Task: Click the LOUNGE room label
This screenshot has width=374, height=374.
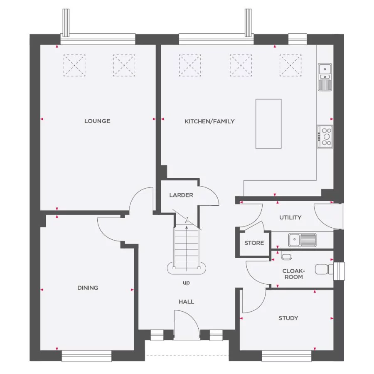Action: (x=97, y=121)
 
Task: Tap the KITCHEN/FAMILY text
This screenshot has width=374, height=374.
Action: (x=209, y=121)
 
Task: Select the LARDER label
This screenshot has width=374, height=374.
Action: (x=181, y=195)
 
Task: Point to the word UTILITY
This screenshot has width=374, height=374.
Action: (x=290, y=217)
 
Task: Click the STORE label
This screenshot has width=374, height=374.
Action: (x=254, y=243)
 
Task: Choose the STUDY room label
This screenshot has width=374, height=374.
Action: (x=288, y=318)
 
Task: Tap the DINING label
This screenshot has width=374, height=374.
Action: (x=88, y=288)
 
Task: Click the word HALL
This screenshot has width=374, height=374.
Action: (x=186, y=302)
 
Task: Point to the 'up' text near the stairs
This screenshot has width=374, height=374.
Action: (x=186, y=283)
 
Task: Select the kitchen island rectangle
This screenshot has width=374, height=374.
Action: (x=268, y=123)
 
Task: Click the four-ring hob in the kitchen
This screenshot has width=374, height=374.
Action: (x=325, y=136)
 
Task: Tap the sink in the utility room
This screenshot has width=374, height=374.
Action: (x=302, y=239)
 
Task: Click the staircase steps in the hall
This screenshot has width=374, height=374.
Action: (x=187, y=243)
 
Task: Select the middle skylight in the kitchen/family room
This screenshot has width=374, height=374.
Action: (x=241, y=65)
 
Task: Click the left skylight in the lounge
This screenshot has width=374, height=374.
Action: (x=74, y=65)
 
